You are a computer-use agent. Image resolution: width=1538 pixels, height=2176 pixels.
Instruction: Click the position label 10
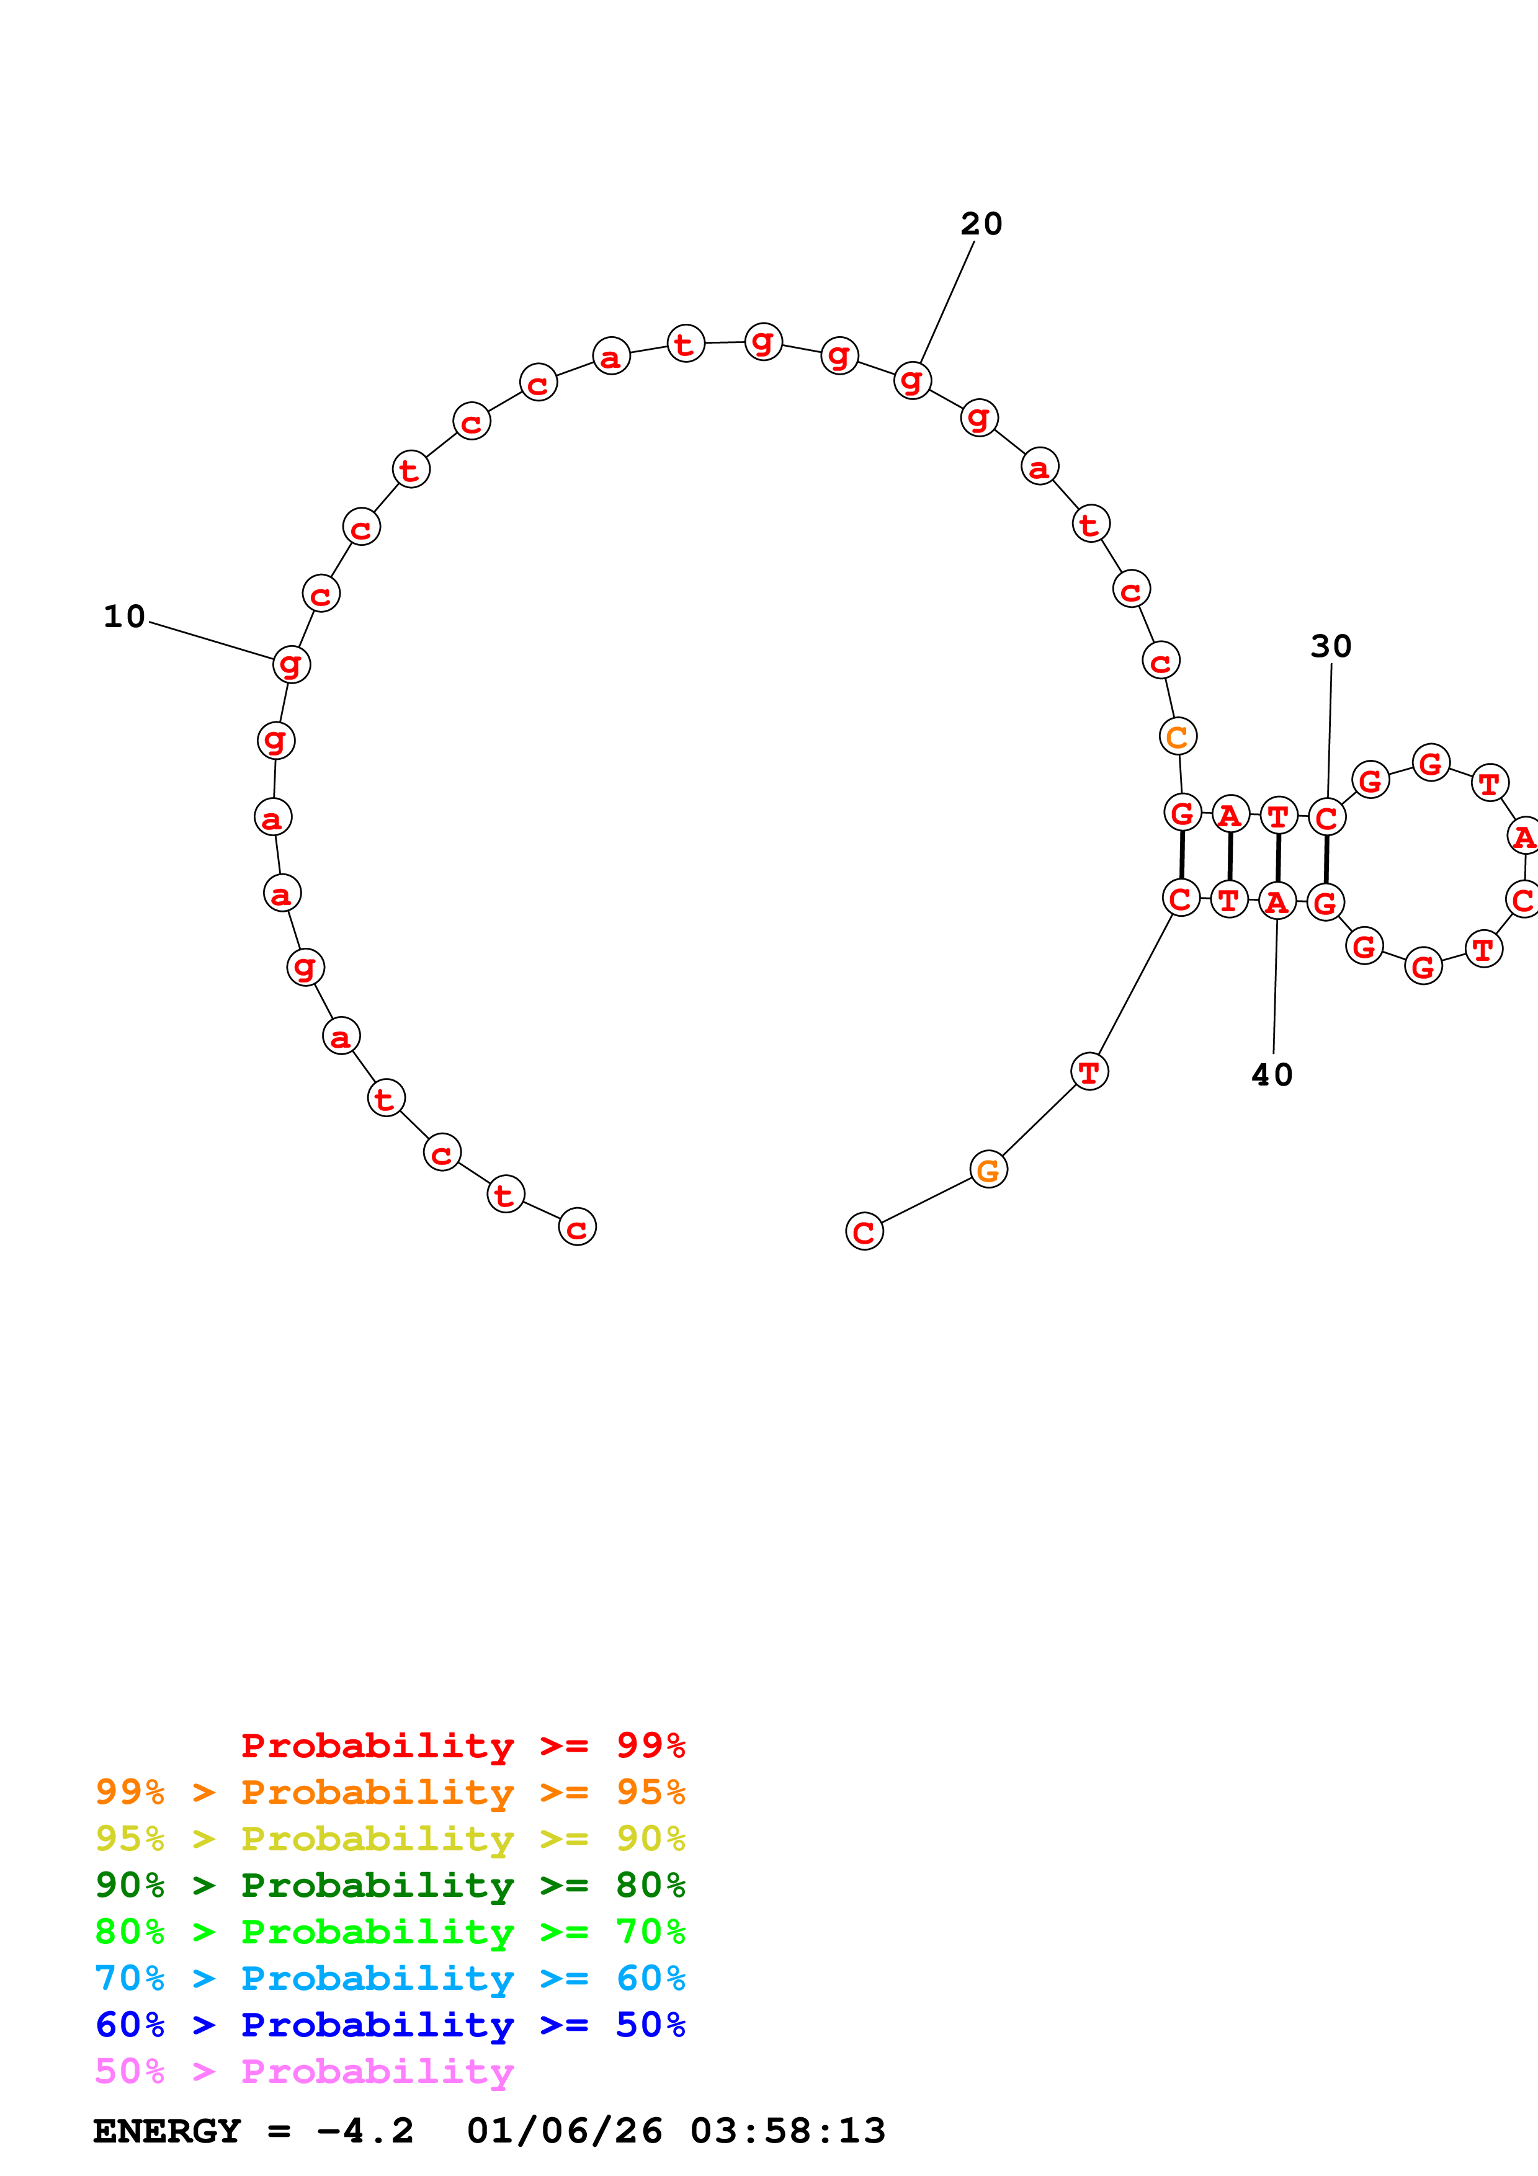(124, 617)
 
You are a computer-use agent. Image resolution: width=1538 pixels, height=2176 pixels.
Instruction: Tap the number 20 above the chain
(981, 224)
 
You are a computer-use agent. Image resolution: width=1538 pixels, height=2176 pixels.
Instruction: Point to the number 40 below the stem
(1272, 1075)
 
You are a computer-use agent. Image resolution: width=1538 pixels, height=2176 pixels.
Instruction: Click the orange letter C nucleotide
(1178, 736)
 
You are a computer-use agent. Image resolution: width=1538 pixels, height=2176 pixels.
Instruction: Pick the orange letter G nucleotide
(988, 1170)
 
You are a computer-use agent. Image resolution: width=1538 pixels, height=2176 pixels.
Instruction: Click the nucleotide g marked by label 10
(291, 664)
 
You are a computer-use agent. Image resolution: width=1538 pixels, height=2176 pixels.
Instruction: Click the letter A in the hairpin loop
(1523, 837)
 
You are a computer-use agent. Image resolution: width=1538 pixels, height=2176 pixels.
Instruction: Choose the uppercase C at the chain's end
(864, 1232)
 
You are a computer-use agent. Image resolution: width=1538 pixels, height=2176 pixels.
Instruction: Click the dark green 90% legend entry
(390, 1885)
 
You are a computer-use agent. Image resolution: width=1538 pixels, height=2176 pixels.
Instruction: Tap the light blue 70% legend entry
(390, 1978)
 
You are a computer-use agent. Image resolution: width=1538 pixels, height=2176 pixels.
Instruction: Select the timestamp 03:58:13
(789, 2131)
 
